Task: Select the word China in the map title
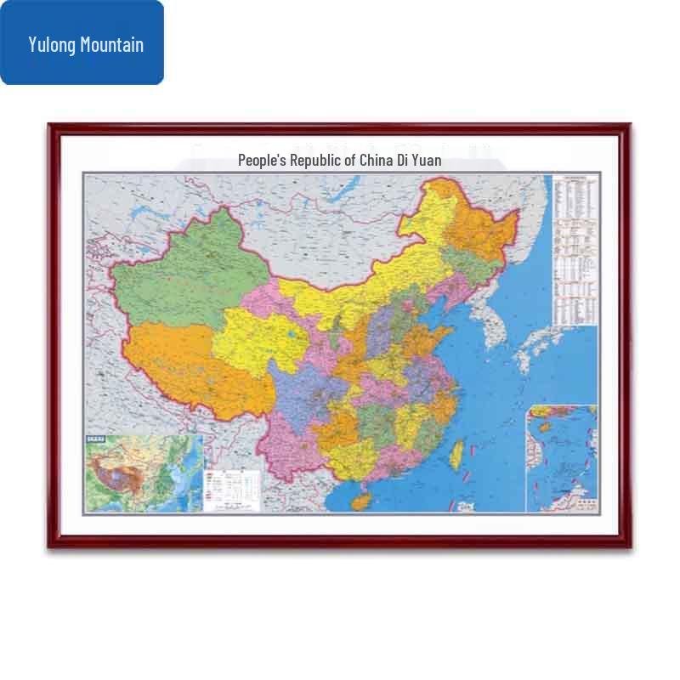[x=376, y=160]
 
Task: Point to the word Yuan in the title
[x=427, y=160]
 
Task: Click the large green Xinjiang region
[x=178, y=272]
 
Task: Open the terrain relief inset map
[x=144, y=473]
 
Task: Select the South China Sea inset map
[x=561, y=459]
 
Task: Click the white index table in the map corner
[x=575, y=251]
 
